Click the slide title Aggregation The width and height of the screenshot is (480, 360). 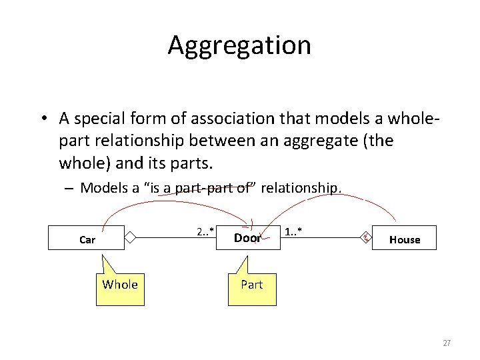239,45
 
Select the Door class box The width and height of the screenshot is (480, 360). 247,238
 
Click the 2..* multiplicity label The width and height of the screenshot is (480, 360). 205,232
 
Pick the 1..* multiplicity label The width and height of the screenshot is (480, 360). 293,232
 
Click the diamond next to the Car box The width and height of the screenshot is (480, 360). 131,237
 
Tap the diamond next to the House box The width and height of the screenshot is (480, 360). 365,237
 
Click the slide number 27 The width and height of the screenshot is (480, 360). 447,343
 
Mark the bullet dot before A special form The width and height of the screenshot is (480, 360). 42,119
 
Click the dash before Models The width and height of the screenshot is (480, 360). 69,189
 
